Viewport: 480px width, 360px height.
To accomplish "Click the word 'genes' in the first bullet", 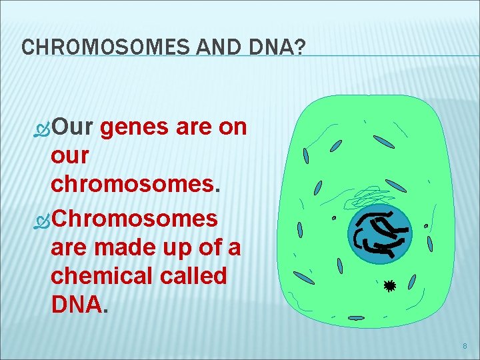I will [x=135, y=127].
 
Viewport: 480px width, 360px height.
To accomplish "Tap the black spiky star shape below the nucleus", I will [x=389, y=286].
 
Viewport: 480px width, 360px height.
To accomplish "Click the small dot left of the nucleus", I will [x=334, y=218].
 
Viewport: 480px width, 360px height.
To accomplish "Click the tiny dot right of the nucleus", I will [x=426, y=227].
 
